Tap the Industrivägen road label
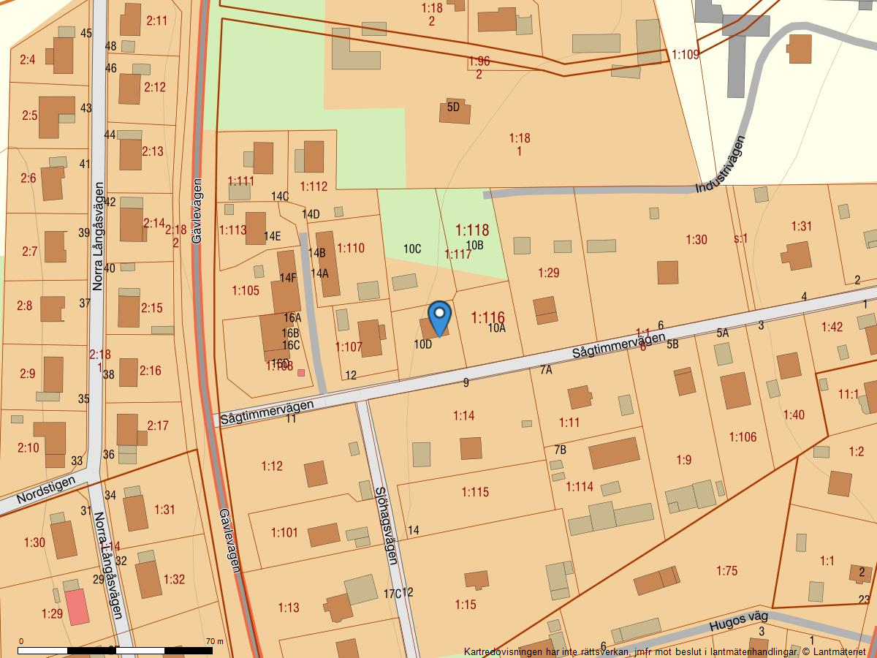coord(721,164)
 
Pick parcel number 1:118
coord(472,231)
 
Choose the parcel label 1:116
coord(487,317)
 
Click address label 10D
coord(422,344)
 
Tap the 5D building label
coord(453,107)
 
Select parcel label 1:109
coord(685,54)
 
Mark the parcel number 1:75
coord(726,570)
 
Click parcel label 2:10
coord(28,447)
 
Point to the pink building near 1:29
coord(77,607)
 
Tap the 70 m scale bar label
coord(215,641)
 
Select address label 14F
coord(288,278)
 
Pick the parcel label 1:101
coord(284,532)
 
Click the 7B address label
coord(561,449)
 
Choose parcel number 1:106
coord(743,437)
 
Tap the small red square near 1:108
coord(301,373)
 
